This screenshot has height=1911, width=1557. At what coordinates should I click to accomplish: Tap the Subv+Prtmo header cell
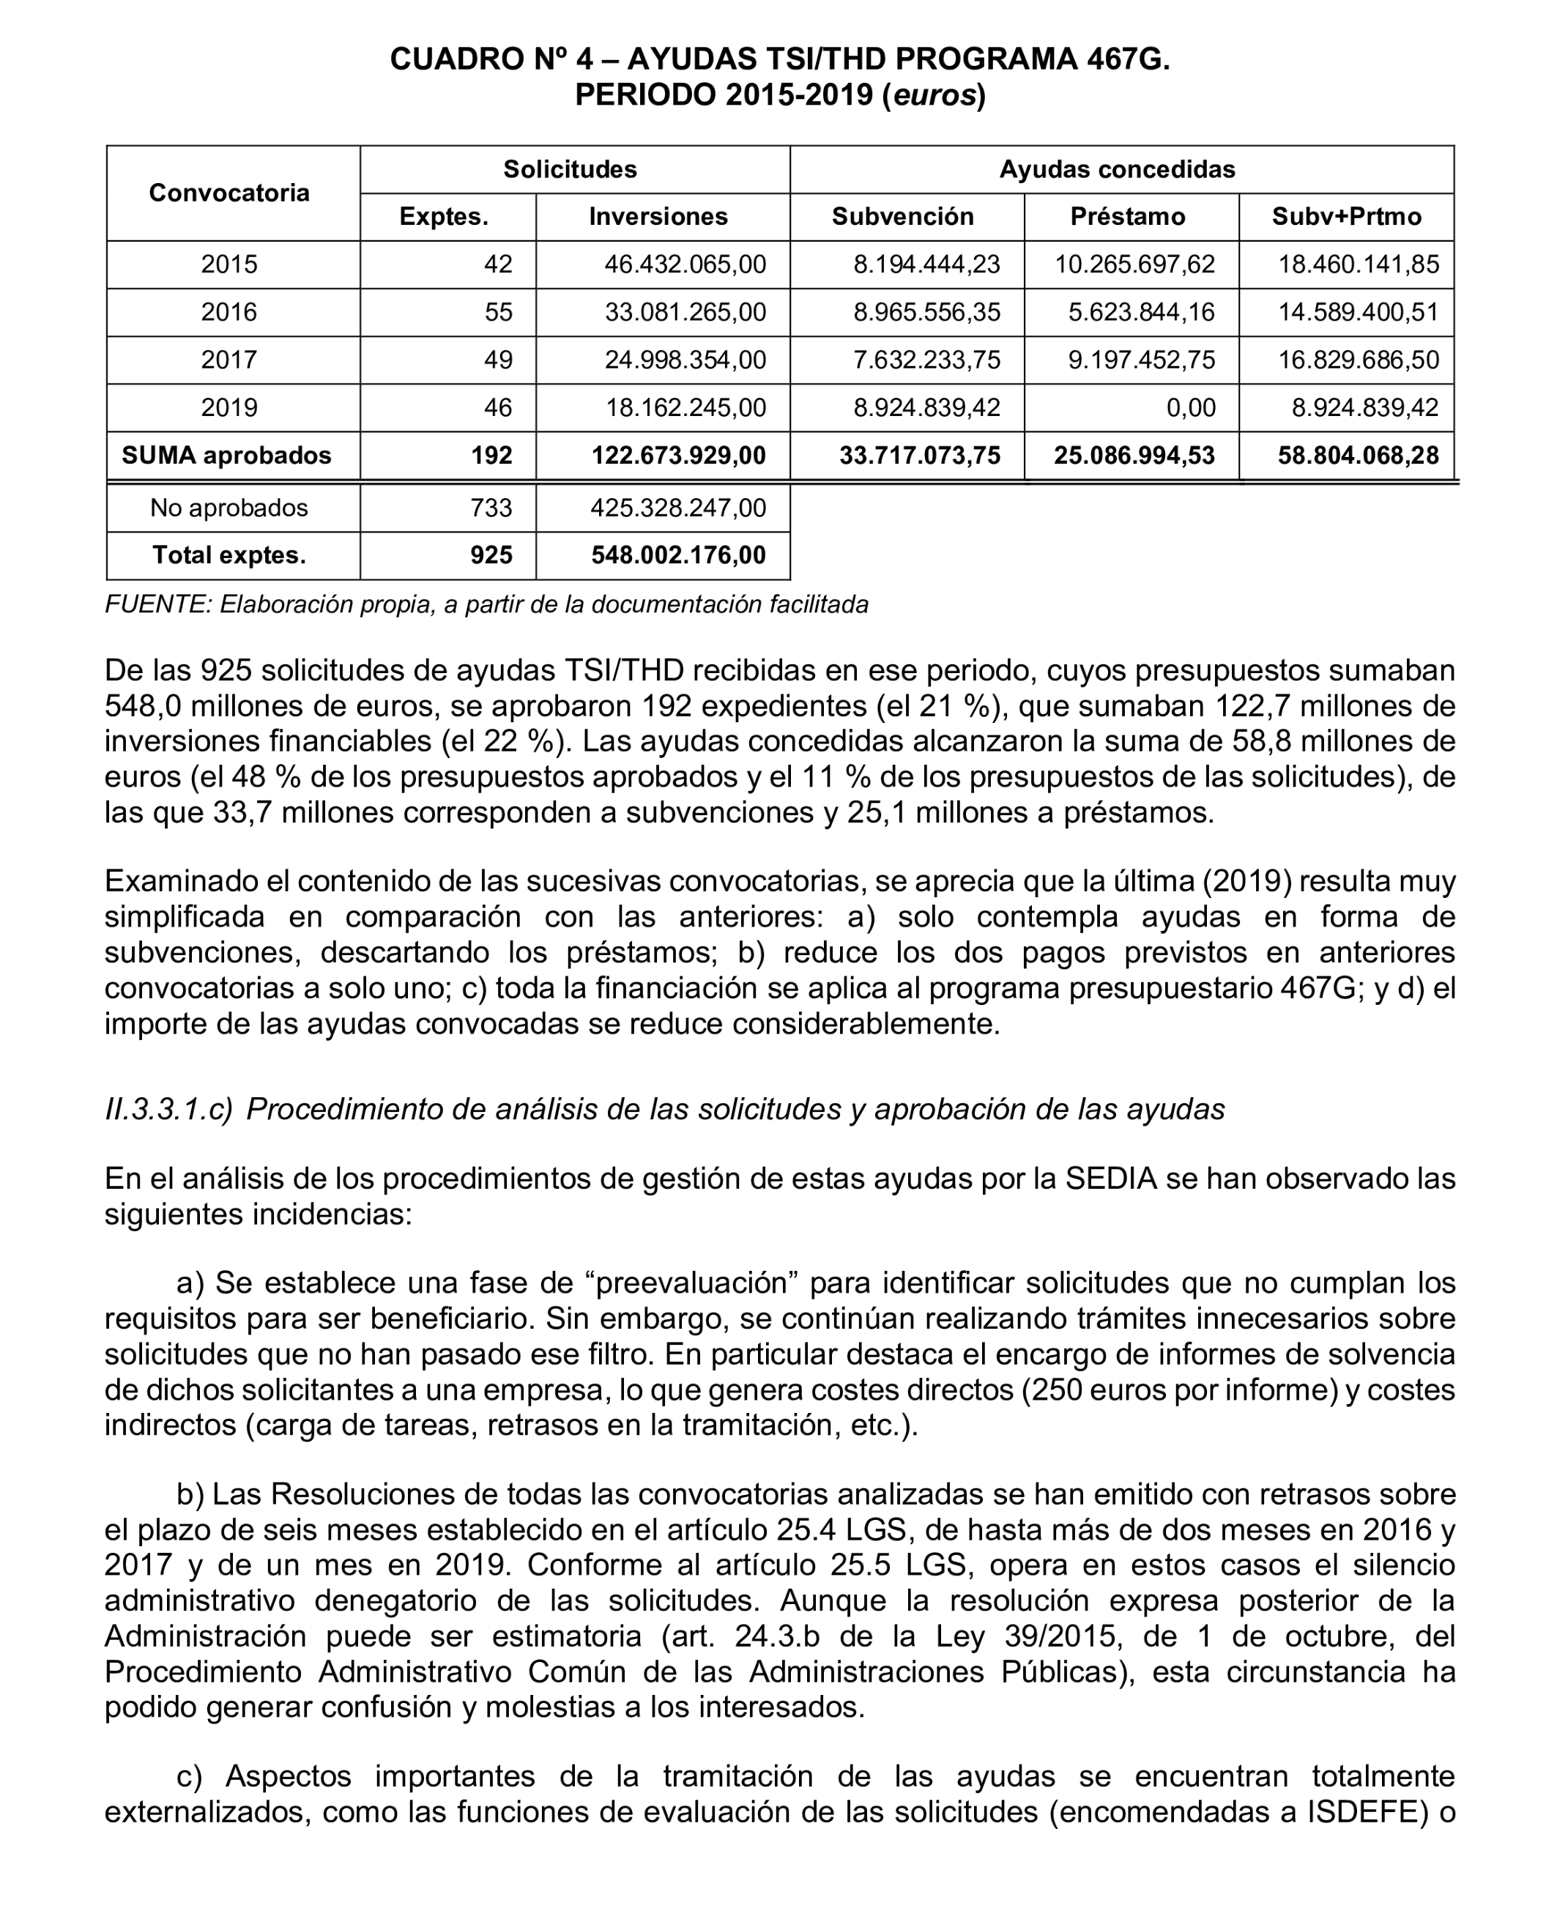coord(1345,217)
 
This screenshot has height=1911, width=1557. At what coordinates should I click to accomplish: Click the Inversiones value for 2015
coord(685,264)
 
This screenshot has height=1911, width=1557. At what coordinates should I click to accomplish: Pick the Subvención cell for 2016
coord(926,312)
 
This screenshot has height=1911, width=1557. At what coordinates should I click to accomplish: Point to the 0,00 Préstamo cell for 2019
coord(1190,408)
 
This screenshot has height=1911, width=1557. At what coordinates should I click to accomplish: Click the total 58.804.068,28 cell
coord(1357,456)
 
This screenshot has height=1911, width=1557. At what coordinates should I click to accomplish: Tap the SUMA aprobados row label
coord(226,456)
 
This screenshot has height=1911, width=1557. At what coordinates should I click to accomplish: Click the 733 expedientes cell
coord(491,508)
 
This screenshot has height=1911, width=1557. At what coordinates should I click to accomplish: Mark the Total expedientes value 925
coord(491,556)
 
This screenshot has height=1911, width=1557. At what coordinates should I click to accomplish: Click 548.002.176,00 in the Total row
coord(678,556)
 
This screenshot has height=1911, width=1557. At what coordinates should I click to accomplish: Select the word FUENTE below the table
coord(158,605)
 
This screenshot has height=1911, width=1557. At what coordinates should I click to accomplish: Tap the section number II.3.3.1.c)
coord(168,1110)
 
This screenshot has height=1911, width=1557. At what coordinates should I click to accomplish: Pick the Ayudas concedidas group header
coord(1117,169)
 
